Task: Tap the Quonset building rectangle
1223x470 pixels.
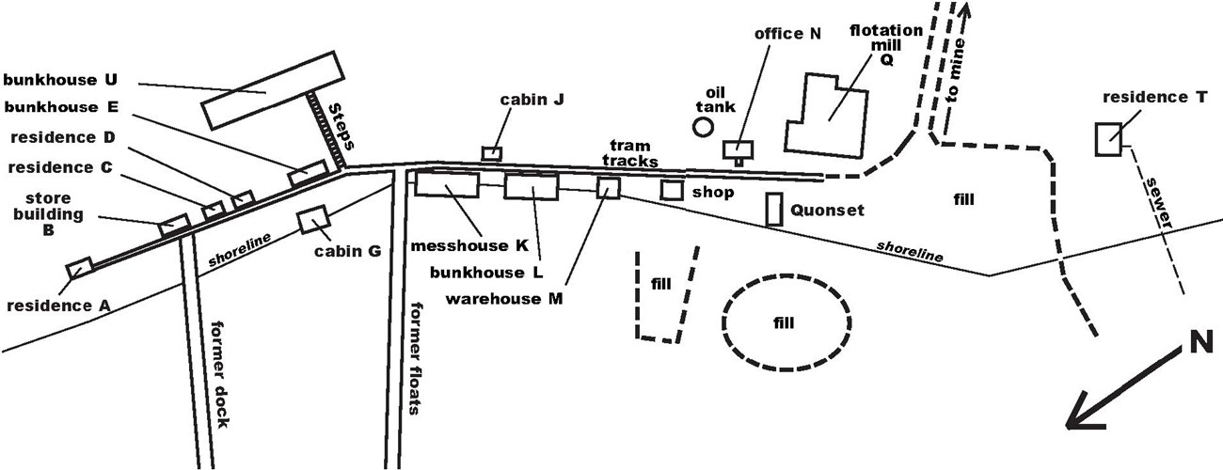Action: [774, 209]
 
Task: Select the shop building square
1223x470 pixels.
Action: [671, 189]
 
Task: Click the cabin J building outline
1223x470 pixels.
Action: [491, 153]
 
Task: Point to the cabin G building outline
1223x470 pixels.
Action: [311, 221]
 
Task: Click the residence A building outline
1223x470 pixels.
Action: [78, 268]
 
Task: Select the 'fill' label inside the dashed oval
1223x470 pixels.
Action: [784, 322]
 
